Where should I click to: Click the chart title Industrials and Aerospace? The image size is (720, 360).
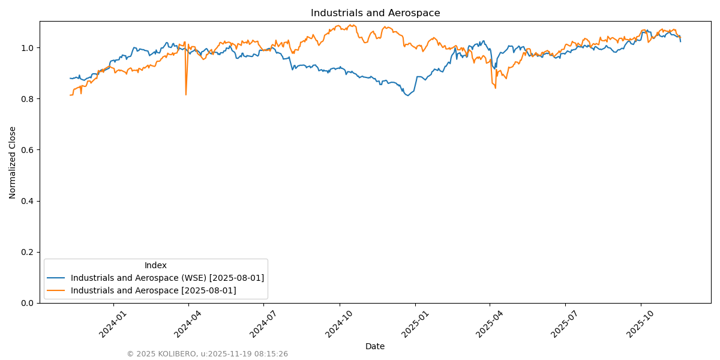click(x=375, y=13)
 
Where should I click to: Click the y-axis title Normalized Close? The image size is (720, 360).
click(x=13, y=162)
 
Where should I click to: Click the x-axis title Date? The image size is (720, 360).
click(x=375, y=346)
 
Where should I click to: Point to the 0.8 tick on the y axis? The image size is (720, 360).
click(x=28, y=98)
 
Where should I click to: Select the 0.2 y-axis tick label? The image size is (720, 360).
click(x=28, y=252)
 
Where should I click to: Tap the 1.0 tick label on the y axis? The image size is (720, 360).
click(x=28, y=47)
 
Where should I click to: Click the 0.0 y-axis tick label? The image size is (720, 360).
click(x=28, y=303)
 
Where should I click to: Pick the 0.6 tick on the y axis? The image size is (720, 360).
click(x=28, y=150)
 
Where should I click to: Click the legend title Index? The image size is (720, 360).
click(x=155, y=265)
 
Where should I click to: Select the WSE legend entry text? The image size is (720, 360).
click(x=167, y=278)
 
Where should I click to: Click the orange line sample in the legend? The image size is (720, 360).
click(x=56, y=290)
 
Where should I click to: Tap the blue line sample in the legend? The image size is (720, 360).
click(x=56, y=278)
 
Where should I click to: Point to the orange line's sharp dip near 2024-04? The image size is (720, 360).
click(x=186, y=94)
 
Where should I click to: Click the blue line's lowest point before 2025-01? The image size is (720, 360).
click(x=408, y=95)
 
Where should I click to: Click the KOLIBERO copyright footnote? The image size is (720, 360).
click(x=207, y=354)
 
